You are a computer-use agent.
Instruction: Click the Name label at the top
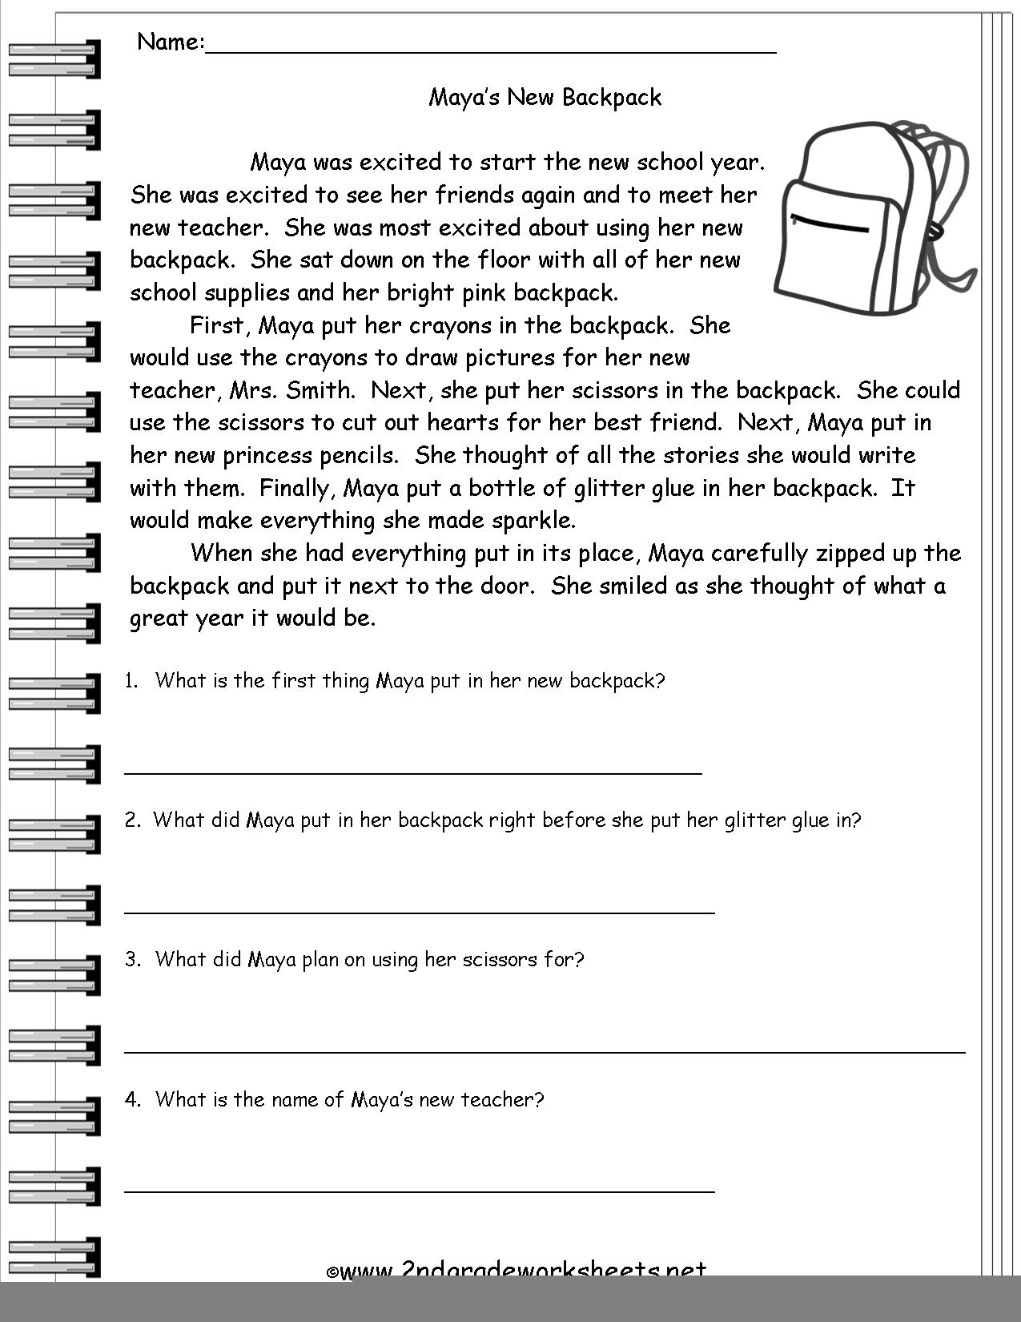tap(171, 42)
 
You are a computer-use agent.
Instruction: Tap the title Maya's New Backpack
tap(545, 98)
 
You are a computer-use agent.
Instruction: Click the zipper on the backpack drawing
tap(829, 224)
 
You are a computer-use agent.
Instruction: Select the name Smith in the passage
tap(320, 391)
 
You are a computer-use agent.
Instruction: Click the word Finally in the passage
tap(294, 489)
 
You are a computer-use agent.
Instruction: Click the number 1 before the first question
tap(131, 681)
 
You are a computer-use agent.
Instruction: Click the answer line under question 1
tap(413, 773)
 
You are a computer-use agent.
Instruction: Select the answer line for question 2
tap(420, 912)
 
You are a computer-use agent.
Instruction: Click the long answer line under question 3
tap(545, 1051)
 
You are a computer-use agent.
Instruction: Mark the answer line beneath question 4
tap(420, 1191)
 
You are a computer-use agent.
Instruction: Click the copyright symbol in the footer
tap(332, 1272)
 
